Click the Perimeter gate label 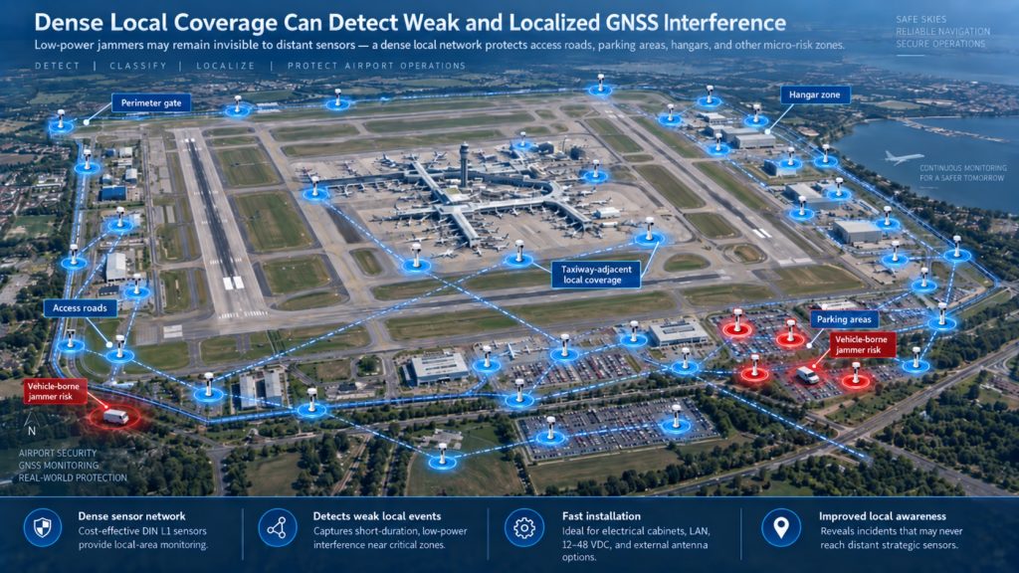pos(151,102)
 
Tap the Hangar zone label pos(814,95)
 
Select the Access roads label pos(80,308)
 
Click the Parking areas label pos(844,319)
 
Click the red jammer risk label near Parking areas pos(862,344)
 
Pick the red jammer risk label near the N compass pos(54,391)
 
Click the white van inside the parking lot pos(808,375)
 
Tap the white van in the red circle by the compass pos(115,416)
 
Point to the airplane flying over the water pos(904,157)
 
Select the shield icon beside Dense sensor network pos(43,527)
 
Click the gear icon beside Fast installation pos(523,527)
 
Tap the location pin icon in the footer pos(780,527)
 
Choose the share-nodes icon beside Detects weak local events pos(278,527)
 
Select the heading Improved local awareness pos(882,516)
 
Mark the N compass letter pos(31,431)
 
